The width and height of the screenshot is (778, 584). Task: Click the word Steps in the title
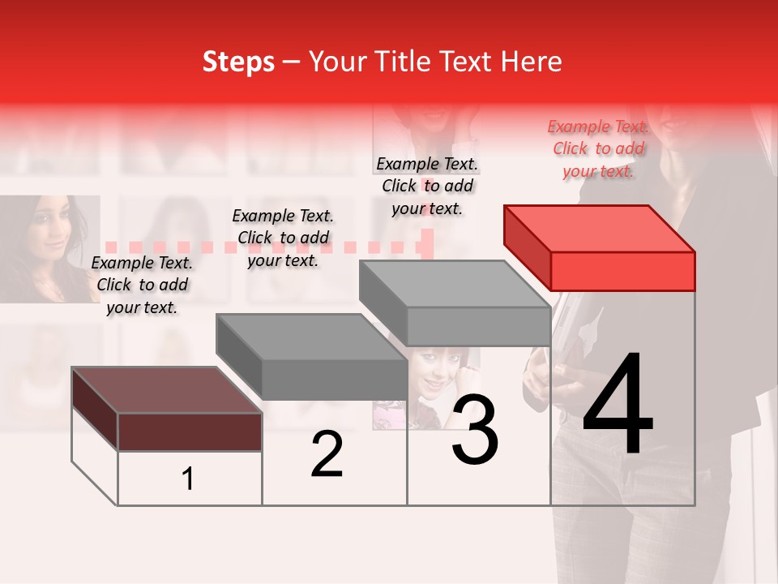(238, 62)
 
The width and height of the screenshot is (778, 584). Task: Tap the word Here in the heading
(531, 62)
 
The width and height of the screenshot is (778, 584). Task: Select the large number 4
(618, 406)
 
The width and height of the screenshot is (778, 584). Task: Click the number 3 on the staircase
(475, 432)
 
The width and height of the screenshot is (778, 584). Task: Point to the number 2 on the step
(327, 454)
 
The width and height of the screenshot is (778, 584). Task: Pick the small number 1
(188, 479)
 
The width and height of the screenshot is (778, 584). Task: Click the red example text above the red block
(598, 148)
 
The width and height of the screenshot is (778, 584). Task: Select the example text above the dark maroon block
(142, 285)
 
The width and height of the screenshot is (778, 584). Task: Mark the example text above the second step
(283, 238)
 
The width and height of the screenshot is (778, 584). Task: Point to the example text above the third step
(427, 186)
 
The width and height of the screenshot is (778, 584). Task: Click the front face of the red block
(622, 271)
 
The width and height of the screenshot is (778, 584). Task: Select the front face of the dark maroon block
(190, 432)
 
